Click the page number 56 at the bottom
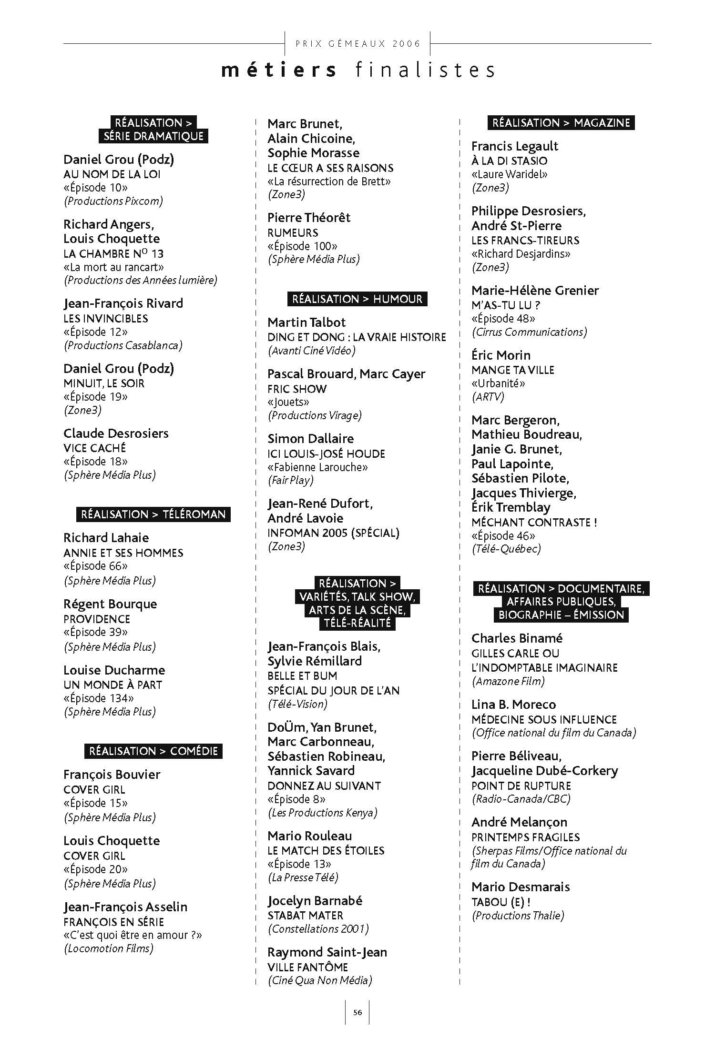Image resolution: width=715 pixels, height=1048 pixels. point(357,1012)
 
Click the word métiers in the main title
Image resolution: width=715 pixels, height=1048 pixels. point(279,71)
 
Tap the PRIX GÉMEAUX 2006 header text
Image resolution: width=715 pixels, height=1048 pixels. point(358,44)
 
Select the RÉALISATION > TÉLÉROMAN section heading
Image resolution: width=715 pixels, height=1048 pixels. point(153,514)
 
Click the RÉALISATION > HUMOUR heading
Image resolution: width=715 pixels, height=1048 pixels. point(357,299)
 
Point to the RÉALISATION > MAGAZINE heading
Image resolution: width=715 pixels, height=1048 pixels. point(561,123)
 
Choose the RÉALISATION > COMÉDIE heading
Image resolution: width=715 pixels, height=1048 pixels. point(153,751)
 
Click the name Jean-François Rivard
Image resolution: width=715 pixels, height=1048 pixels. point(123,303)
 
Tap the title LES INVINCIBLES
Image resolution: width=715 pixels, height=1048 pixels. point(106,319)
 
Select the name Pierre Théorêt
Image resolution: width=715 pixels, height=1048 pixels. point(308,218)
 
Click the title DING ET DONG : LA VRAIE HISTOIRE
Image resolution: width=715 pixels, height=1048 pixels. point(357,337)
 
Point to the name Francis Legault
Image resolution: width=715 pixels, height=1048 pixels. point(514,146)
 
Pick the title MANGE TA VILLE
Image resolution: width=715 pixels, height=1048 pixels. point(512,370)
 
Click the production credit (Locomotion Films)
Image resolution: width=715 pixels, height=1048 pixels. point(109,948)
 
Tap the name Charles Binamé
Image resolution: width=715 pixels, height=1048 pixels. point(517,638)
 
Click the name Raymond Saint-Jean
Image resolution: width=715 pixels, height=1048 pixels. point(327,952)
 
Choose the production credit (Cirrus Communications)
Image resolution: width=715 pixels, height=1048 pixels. point(529,332)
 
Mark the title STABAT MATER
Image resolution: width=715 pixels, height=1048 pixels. point(305,916)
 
